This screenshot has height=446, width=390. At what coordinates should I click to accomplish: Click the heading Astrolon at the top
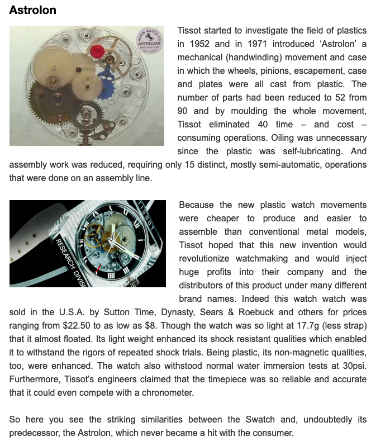point(32,10)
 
